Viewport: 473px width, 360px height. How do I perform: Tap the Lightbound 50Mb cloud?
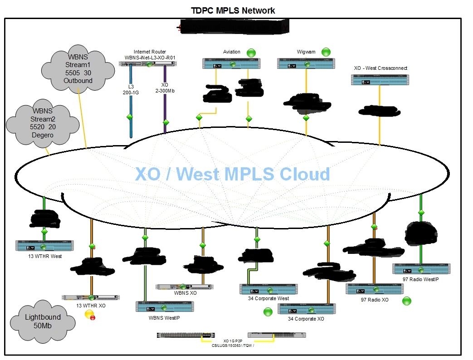point(42,321)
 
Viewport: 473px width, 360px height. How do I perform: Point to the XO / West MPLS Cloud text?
point(232,174)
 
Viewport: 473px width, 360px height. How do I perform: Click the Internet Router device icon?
point(148,63)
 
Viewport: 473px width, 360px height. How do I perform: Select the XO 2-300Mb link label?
point(165,88)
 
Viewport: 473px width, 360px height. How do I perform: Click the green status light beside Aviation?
point(251,53)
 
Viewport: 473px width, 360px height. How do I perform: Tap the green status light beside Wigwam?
point(326,52)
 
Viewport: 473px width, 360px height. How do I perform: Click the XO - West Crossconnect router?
point(380,80)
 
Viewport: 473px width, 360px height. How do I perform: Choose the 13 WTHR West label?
point(44,256)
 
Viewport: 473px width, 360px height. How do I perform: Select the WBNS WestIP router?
point(165,306)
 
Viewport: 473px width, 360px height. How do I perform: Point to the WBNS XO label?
point(185,293)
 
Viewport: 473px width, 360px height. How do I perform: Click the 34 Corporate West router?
point(268,289)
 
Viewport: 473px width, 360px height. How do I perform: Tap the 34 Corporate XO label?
point(306,319)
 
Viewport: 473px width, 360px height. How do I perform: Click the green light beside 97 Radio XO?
point(407,301)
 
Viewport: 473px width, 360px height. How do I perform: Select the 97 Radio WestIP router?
point(421,269)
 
